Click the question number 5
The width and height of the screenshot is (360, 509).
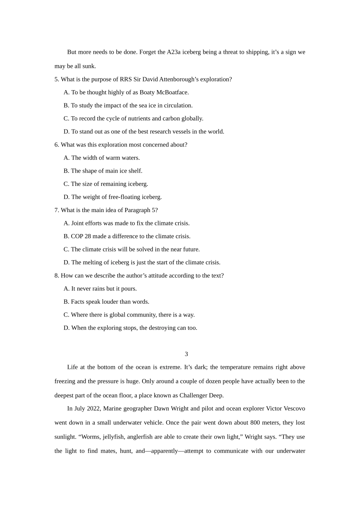point(56,80)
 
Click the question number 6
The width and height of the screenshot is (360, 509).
point(56,145)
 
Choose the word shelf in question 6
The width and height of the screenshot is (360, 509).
point(135,171)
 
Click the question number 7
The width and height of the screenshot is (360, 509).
point(56,210)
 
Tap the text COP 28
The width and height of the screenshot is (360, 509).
point(81,236)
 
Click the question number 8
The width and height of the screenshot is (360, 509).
point(56,276)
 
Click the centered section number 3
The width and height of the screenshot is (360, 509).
point(186,354)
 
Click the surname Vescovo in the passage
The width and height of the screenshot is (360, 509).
point(294,409)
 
